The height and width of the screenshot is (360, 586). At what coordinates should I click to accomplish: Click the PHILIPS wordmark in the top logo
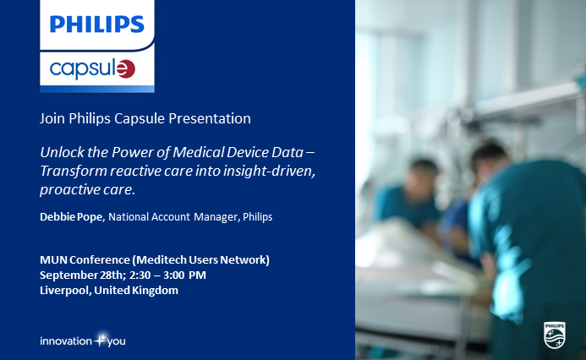[x=97, y=25]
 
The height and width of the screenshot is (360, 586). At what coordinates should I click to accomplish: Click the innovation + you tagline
[x=83, y=341]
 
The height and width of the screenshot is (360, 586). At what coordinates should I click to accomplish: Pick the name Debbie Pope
[x=71, y=217]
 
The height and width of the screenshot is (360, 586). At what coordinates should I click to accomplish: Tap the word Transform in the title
[x=74, y=171]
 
